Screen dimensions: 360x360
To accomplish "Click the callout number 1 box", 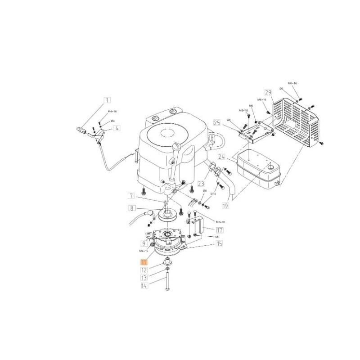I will click(108, 100).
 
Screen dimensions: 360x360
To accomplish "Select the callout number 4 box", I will click(117, 128).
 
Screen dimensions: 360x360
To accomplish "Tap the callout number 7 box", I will click(131, 196).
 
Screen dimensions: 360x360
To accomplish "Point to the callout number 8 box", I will click(131, 208).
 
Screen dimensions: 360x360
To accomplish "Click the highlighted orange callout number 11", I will click(144, 261).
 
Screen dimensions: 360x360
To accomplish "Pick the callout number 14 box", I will click(144, 285).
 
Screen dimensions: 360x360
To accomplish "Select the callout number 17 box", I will click(220, 229).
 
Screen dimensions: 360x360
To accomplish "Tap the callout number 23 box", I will click(200, 183).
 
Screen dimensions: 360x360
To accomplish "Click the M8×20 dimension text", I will click(207, 222).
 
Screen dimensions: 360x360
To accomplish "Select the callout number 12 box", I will click(144, 270).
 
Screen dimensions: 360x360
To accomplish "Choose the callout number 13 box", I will click(144, 278).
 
